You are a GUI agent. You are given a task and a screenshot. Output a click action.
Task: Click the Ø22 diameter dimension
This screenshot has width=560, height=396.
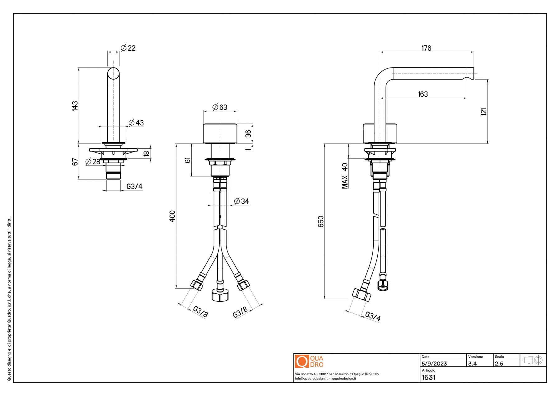pos(128,48)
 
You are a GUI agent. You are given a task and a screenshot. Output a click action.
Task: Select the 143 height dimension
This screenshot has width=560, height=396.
pos(75,106)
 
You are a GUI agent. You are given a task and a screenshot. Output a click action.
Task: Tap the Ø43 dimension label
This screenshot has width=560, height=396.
pos(136,123)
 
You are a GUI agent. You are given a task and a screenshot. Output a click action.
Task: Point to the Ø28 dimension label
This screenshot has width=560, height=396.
pos(93,161)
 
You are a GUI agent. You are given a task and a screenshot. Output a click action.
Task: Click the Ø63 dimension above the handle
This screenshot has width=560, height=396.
pos(220,107)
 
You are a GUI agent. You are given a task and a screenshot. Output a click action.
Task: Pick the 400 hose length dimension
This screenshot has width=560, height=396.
pos(172,216)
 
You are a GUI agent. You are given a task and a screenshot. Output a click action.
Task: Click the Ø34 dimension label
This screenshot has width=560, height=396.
pos(241,201)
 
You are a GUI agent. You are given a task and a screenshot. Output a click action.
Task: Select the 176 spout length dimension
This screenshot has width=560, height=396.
pos(426,48)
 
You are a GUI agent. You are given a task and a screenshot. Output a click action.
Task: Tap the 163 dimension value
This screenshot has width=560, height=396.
pos(423,94)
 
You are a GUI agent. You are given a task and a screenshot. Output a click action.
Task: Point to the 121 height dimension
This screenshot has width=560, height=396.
pos(483,112)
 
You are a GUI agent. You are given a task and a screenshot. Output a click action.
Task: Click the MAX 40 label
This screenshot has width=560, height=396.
pos(345,176)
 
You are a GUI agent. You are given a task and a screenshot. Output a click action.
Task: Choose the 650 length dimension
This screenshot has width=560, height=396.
pos(321,221)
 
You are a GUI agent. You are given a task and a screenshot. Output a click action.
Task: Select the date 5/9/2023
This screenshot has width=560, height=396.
pos(434,364)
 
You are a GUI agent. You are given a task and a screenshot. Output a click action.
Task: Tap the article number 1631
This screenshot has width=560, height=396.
pos(428,377)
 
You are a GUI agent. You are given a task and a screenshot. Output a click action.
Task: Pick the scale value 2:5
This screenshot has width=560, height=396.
pos(499,364)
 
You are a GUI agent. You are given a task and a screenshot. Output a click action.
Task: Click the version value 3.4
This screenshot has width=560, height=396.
pos(472,364)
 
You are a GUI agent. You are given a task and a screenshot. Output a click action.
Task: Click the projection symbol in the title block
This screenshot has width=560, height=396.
pos(533,360)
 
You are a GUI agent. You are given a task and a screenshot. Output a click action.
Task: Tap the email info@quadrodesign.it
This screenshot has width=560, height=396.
pos(311,379)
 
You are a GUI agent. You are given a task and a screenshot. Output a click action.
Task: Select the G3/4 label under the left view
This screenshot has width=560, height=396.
pos(134,186)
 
